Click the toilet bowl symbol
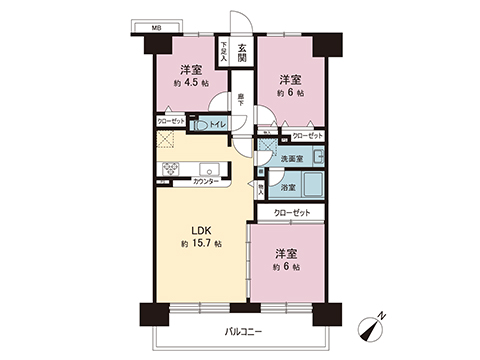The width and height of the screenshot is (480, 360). coord(201,127)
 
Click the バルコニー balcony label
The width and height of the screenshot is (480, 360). coord(244,332)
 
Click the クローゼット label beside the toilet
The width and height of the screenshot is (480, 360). coord(169,121)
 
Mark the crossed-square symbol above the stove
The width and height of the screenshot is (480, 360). coord(167,142)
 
